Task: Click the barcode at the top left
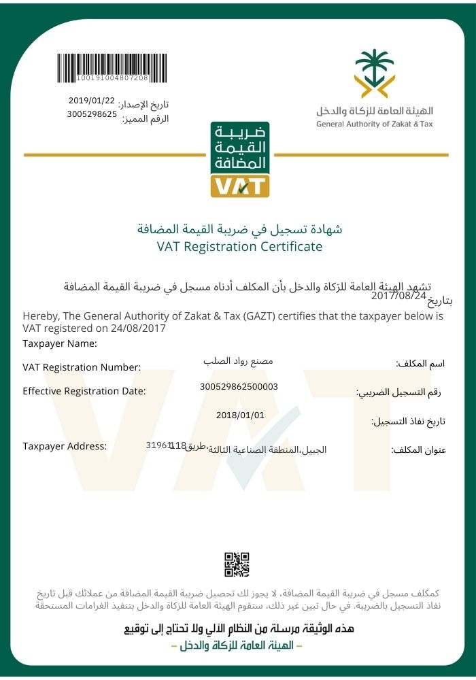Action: click(103, 68)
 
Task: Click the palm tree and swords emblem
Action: click(374, 73)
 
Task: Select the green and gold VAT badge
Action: click(240, 160)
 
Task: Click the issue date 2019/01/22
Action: click(92, 101)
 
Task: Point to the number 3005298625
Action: click(92, 114)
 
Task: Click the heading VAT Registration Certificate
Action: click(239, 247)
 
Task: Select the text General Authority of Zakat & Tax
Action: click(374, 124)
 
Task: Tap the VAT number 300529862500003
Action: click(239, 386)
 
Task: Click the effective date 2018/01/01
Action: click(239, 415)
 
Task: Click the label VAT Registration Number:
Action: click(82, 367)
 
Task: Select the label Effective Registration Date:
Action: click(84, 391)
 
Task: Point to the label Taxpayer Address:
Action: click(65, 446)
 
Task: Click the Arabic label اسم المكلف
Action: click(420, 364)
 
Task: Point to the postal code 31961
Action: click(158, 445)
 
